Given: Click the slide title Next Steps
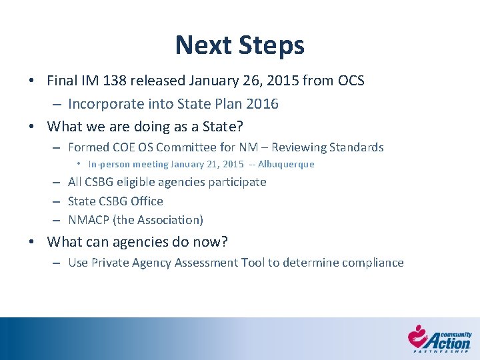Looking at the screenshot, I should [239, 45].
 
